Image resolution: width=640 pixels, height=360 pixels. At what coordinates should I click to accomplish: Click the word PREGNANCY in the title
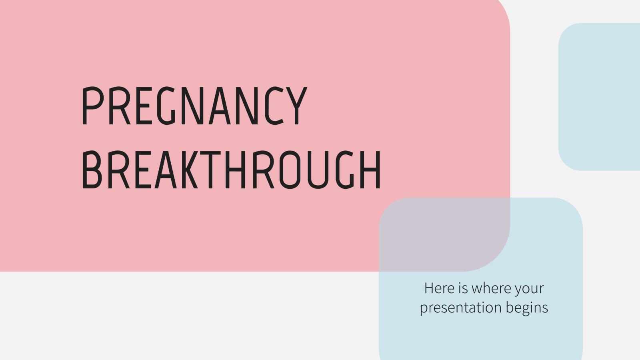[194, 106]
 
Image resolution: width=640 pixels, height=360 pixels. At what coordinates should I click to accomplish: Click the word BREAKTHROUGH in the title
[231, 170]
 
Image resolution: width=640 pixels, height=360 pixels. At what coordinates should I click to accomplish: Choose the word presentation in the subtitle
[460, 308]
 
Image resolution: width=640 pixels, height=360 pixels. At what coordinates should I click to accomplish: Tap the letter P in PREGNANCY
[91, 106]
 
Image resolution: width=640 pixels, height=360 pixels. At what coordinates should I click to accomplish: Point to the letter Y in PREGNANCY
[296, 106]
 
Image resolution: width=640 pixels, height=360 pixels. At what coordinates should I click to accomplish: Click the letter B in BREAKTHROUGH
[92, 170]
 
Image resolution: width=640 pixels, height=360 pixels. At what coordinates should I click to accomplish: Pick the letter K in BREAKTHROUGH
[188, 170]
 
